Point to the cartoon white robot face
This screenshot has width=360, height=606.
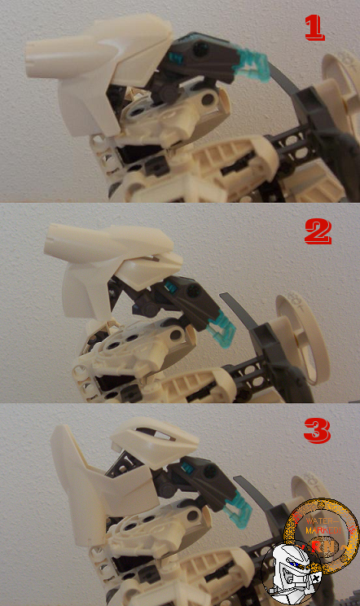(x=293, y=570)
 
